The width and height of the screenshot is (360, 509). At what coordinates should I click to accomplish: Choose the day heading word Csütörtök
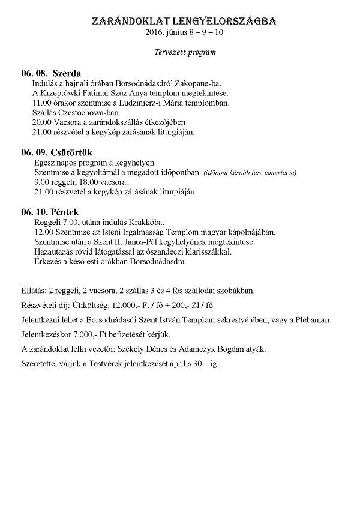tap(73, 152)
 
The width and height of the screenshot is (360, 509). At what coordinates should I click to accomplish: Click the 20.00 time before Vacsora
tap(43, 122)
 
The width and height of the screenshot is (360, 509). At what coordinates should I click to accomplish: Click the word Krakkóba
tap(146, 222)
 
